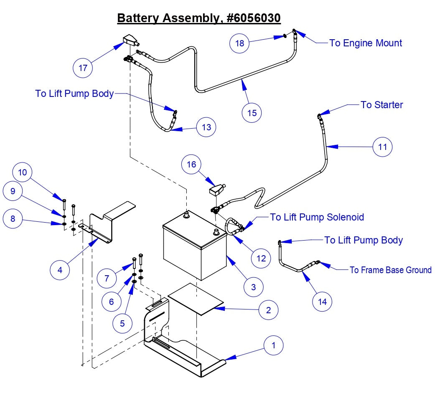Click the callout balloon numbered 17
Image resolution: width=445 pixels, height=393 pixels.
click(83, 68)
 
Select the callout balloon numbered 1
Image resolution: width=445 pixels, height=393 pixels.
click(274, 345)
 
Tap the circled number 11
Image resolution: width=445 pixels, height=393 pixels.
click(383, 147)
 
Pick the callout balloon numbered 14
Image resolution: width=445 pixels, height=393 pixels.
click(323, 301)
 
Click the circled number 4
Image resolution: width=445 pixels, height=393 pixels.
click(60, 270)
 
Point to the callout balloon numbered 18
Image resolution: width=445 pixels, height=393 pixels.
click(240, 43)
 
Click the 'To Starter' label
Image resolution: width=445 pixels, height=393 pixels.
click(381, 105)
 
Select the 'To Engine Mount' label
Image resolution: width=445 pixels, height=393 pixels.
click(366, 43)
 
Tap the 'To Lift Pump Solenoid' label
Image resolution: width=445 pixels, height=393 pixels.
click(317, 217)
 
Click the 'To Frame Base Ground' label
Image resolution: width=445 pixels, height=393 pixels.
click(390, 270)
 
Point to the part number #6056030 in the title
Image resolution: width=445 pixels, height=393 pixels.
click(252, 18)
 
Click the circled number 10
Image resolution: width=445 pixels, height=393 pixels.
click(23, 172)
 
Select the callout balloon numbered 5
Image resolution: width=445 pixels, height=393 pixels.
click(122, 323)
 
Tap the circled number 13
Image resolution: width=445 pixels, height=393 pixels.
click(206, 127)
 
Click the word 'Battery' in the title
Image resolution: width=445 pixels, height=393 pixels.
click(138, 18)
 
